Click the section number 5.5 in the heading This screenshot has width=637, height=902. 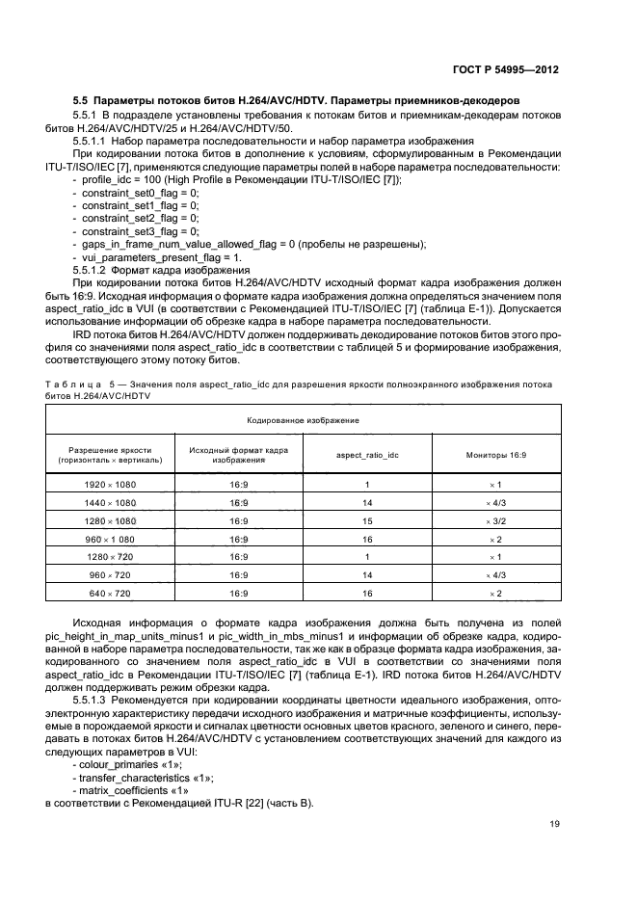coord(84,99)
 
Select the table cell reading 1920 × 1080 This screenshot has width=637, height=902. coord(111,483)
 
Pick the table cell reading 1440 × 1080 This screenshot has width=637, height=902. coord(111,502)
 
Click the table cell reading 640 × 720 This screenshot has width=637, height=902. coord(111,595)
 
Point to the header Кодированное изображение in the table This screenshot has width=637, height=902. coord(303,420)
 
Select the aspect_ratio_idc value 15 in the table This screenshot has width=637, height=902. coord(367,520)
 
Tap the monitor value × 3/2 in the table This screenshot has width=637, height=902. coord(496,520)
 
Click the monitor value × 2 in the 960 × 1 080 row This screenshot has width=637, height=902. coord(496,539)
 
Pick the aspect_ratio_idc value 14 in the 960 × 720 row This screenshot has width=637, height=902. coord(367,576)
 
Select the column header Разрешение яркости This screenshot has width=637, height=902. coord(111,449)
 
